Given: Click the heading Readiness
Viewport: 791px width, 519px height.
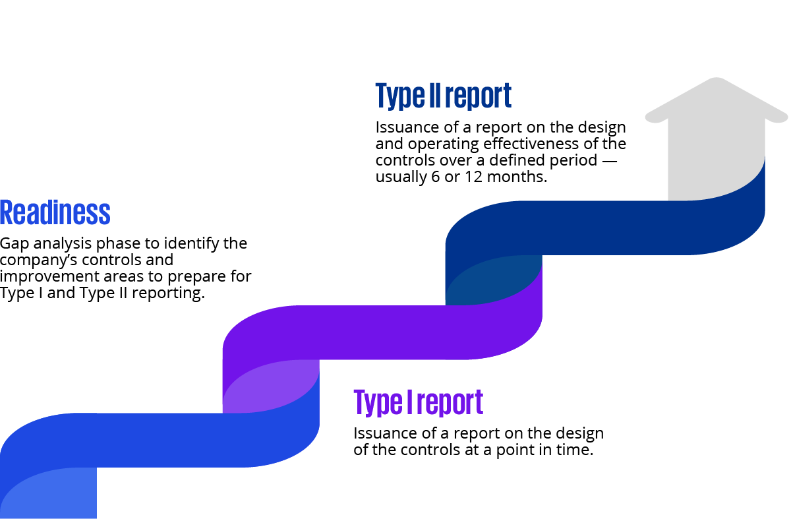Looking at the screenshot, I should point(55,213).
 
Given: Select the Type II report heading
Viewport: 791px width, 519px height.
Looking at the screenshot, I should point(443,96).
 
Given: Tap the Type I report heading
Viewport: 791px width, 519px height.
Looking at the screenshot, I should point(418,402).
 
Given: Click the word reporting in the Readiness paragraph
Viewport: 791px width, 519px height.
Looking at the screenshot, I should point(168,293).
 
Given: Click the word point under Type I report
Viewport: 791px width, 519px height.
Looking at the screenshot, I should point(509,450).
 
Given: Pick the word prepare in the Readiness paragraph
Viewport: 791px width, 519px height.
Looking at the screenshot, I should point(202,276).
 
